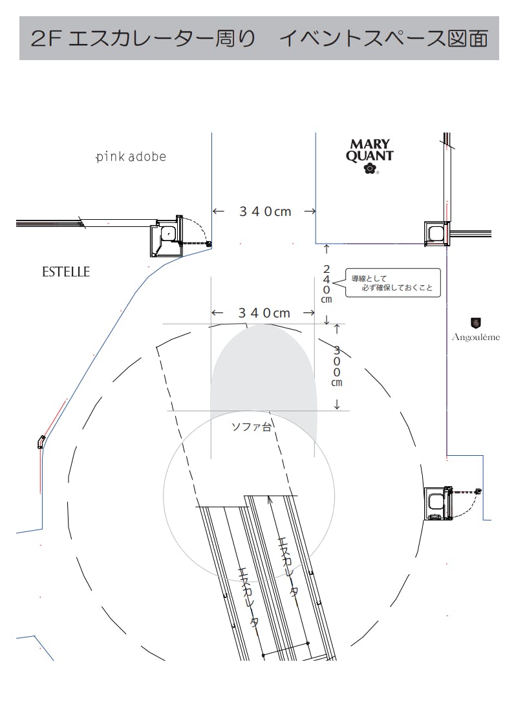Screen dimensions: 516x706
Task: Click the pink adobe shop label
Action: coord(131,156)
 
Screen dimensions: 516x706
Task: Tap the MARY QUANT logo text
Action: coord(370,151)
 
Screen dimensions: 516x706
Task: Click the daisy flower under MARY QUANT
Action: coord(370,169)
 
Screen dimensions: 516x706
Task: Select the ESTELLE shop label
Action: coord(66,272)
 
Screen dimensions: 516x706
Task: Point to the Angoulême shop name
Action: coord(476,337)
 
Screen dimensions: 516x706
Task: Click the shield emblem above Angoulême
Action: coord(476,323)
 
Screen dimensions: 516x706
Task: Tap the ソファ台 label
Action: coord(252,427)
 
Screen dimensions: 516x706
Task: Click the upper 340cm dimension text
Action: coord(265,211)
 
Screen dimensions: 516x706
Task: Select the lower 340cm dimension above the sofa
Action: coord(264,313)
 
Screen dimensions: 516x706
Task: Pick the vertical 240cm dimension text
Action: coord(327,284)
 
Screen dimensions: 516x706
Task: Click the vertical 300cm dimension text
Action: coord(337,367)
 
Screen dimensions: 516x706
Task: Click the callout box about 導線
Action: coord(392,283)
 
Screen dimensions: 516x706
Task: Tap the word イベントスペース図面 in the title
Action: coord(383,38)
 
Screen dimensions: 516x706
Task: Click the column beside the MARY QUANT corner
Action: coord(437,233)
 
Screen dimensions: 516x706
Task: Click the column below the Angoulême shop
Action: coord(438,503)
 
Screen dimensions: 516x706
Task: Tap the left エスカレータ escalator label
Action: coord(248,597)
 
